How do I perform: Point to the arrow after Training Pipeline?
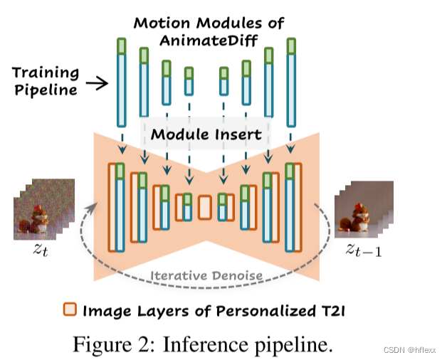(98, 83)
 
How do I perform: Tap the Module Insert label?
(206, 134)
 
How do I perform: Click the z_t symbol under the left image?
(37, 250)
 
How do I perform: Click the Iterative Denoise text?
(206, 276)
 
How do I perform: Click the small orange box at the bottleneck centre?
(205, 207)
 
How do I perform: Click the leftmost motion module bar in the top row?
(121, 78)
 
